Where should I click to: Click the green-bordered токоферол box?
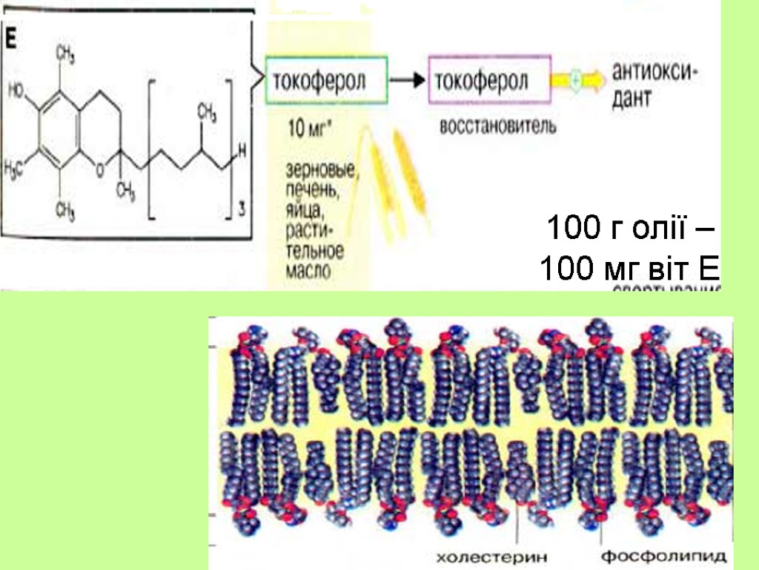pos(326,79)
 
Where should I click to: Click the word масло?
pos(307,271)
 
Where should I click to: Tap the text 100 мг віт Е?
pos(629,268)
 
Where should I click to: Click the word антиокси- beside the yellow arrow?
pos(656,73)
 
